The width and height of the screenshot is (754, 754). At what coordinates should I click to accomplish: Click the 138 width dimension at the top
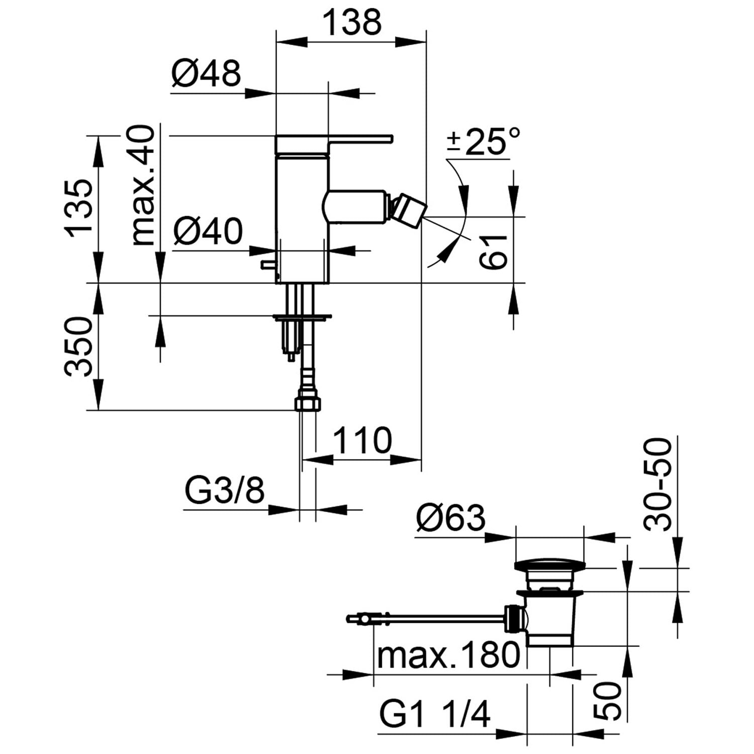click(x=351, y=23)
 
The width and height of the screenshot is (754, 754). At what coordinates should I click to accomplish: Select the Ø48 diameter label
click(x=206, y=73)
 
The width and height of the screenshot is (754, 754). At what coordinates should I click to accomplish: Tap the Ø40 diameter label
click(x=208, y=232)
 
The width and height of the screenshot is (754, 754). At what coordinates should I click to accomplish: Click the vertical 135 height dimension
click(x=79, y=206)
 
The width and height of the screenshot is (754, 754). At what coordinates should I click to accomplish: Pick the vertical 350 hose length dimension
click(x=79, y=346)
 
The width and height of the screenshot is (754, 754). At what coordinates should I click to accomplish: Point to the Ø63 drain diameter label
click(x=451, y=518)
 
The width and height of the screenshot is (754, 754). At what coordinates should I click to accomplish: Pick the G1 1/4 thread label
click(x=435, y=714)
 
